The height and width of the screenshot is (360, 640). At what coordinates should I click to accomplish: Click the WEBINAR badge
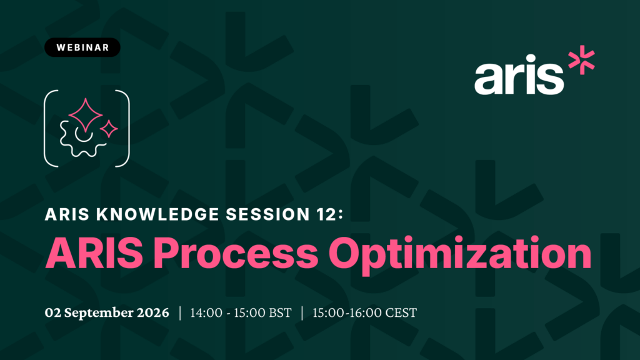[82, 47]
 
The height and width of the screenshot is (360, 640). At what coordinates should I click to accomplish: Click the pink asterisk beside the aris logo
[582, 59]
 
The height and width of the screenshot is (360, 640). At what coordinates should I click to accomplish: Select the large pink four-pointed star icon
[85, 115]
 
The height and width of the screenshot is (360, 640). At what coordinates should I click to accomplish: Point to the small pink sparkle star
[109, 129]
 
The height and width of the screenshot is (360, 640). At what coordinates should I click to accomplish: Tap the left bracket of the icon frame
[50, 128]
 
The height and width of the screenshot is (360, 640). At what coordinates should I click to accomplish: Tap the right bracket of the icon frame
[123, 128]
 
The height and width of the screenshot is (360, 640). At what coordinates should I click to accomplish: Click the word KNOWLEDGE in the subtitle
[157, 214]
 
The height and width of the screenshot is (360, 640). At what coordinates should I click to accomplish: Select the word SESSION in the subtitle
[267, 214]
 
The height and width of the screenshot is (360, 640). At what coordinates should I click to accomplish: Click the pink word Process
[236, 253]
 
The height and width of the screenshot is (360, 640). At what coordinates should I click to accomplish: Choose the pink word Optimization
[460, 255]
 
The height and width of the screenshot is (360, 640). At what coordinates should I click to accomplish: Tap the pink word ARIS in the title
[94, 253]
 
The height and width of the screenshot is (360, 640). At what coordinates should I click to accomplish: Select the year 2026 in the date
[153, 312]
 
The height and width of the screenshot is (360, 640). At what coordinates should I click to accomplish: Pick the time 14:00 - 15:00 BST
[241, 312]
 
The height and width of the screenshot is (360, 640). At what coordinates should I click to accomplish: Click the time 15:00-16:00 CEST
[364, 312]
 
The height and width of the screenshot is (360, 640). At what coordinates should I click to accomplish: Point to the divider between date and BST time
[180, 313]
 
